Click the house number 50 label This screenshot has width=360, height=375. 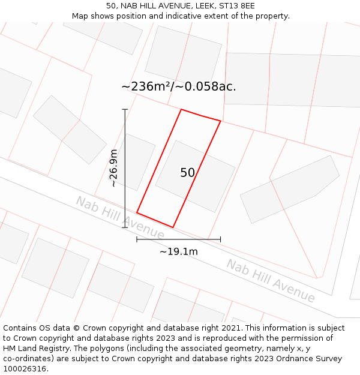coord(187,173)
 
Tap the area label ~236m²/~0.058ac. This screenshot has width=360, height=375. coord(179,86)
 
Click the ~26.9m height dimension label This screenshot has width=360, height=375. coord(113,169)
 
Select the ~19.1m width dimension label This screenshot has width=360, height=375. coord(178,252)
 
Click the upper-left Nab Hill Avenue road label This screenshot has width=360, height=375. coord(119,217)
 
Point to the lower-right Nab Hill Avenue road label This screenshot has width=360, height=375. coord(270,281)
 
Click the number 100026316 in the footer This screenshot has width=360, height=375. coord(25,368)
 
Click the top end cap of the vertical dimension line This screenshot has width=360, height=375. coord(125,109)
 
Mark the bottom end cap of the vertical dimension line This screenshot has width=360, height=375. coord(125,227)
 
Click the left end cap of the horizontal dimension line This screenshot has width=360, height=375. coord(137,239)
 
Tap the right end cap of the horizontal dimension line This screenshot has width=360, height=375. coord(220,239)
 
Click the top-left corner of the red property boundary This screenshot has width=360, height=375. coord(181,109)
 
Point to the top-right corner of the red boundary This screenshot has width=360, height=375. coord(220,121)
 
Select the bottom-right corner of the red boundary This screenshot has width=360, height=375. coord(173,227)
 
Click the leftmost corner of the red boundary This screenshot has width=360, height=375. coord(137,212)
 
